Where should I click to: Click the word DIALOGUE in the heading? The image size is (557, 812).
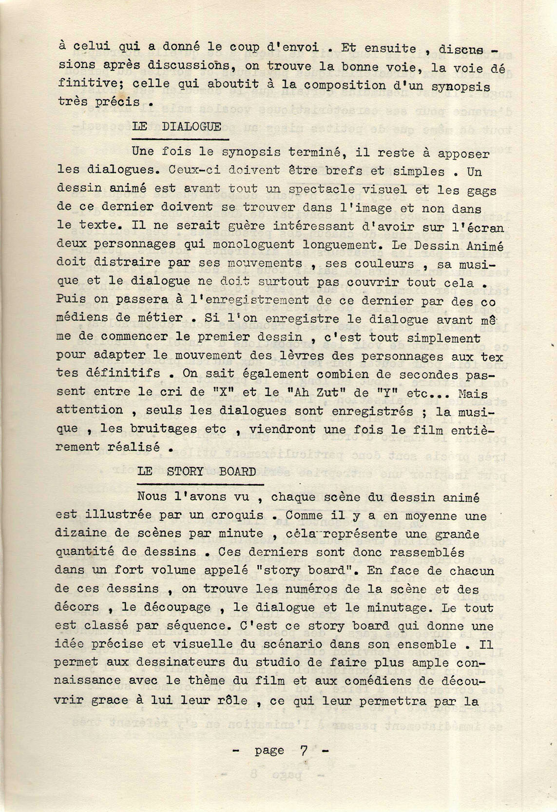(x=192, y=127)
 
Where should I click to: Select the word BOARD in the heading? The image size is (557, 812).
(x=237, y=472)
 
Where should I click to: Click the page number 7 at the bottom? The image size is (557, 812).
(x=304, y=751)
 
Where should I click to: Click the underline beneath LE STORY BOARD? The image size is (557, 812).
(x=200, y=484)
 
